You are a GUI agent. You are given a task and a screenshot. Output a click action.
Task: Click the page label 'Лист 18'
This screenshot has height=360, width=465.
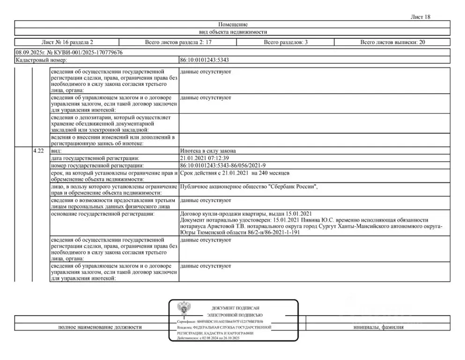click(420, 17)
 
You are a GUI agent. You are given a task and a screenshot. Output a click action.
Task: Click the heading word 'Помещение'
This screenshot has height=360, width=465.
click(233, 24)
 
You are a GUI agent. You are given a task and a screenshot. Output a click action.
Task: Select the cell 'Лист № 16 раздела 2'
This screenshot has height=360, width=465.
click(67, 42)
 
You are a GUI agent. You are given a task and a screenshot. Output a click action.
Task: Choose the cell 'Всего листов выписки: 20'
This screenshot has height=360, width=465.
click(392, 42)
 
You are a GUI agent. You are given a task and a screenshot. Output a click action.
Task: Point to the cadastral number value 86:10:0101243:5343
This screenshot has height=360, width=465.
click(204, 60)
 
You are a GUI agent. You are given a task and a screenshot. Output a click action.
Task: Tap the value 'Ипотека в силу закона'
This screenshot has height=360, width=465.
click(208, 151)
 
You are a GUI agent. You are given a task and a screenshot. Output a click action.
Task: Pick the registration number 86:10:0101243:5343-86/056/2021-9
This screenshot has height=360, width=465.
click(223, 166)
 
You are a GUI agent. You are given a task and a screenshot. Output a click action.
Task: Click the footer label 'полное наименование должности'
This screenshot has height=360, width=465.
click(100, 327)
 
